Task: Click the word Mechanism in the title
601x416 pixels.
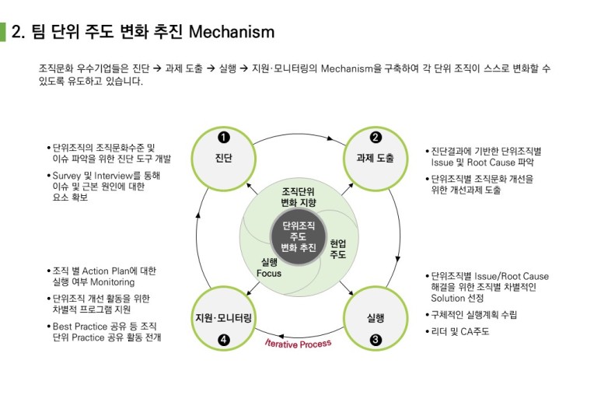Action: (232, 32)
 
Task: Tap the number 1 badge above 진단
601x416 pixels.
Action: (223, 138)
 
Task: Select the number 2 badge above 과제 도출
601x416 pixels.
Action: (375, 138)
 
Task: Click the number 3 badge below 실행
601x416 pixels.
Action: (376, 339)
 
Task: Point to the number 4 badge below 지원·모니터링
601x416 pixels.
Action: (223, 339)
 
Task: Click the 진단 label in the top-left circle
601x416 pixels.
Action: (223, 158)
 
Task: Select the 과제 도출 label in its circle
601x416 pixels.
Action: (375, 158)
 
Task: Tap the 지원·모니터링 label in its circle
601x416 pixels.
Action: (223, 318)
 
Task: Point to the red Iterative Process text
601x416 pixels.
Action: (298, 343)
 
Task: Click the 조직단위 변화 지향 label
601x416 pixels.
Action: (299, 198)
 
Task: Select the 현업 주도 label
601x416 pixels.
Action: (338, 249)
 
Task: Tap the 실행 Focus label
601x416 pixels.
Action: (269, 267)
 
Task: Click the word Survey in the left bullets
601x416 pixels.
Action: (66, 176)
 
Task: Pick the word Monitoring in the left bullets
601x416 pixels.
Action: (113, 282)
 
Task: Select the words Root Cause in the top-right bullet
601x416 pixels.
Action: (499, 163)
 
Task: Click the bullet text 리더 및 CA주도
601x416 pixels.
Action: (460, 331)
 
